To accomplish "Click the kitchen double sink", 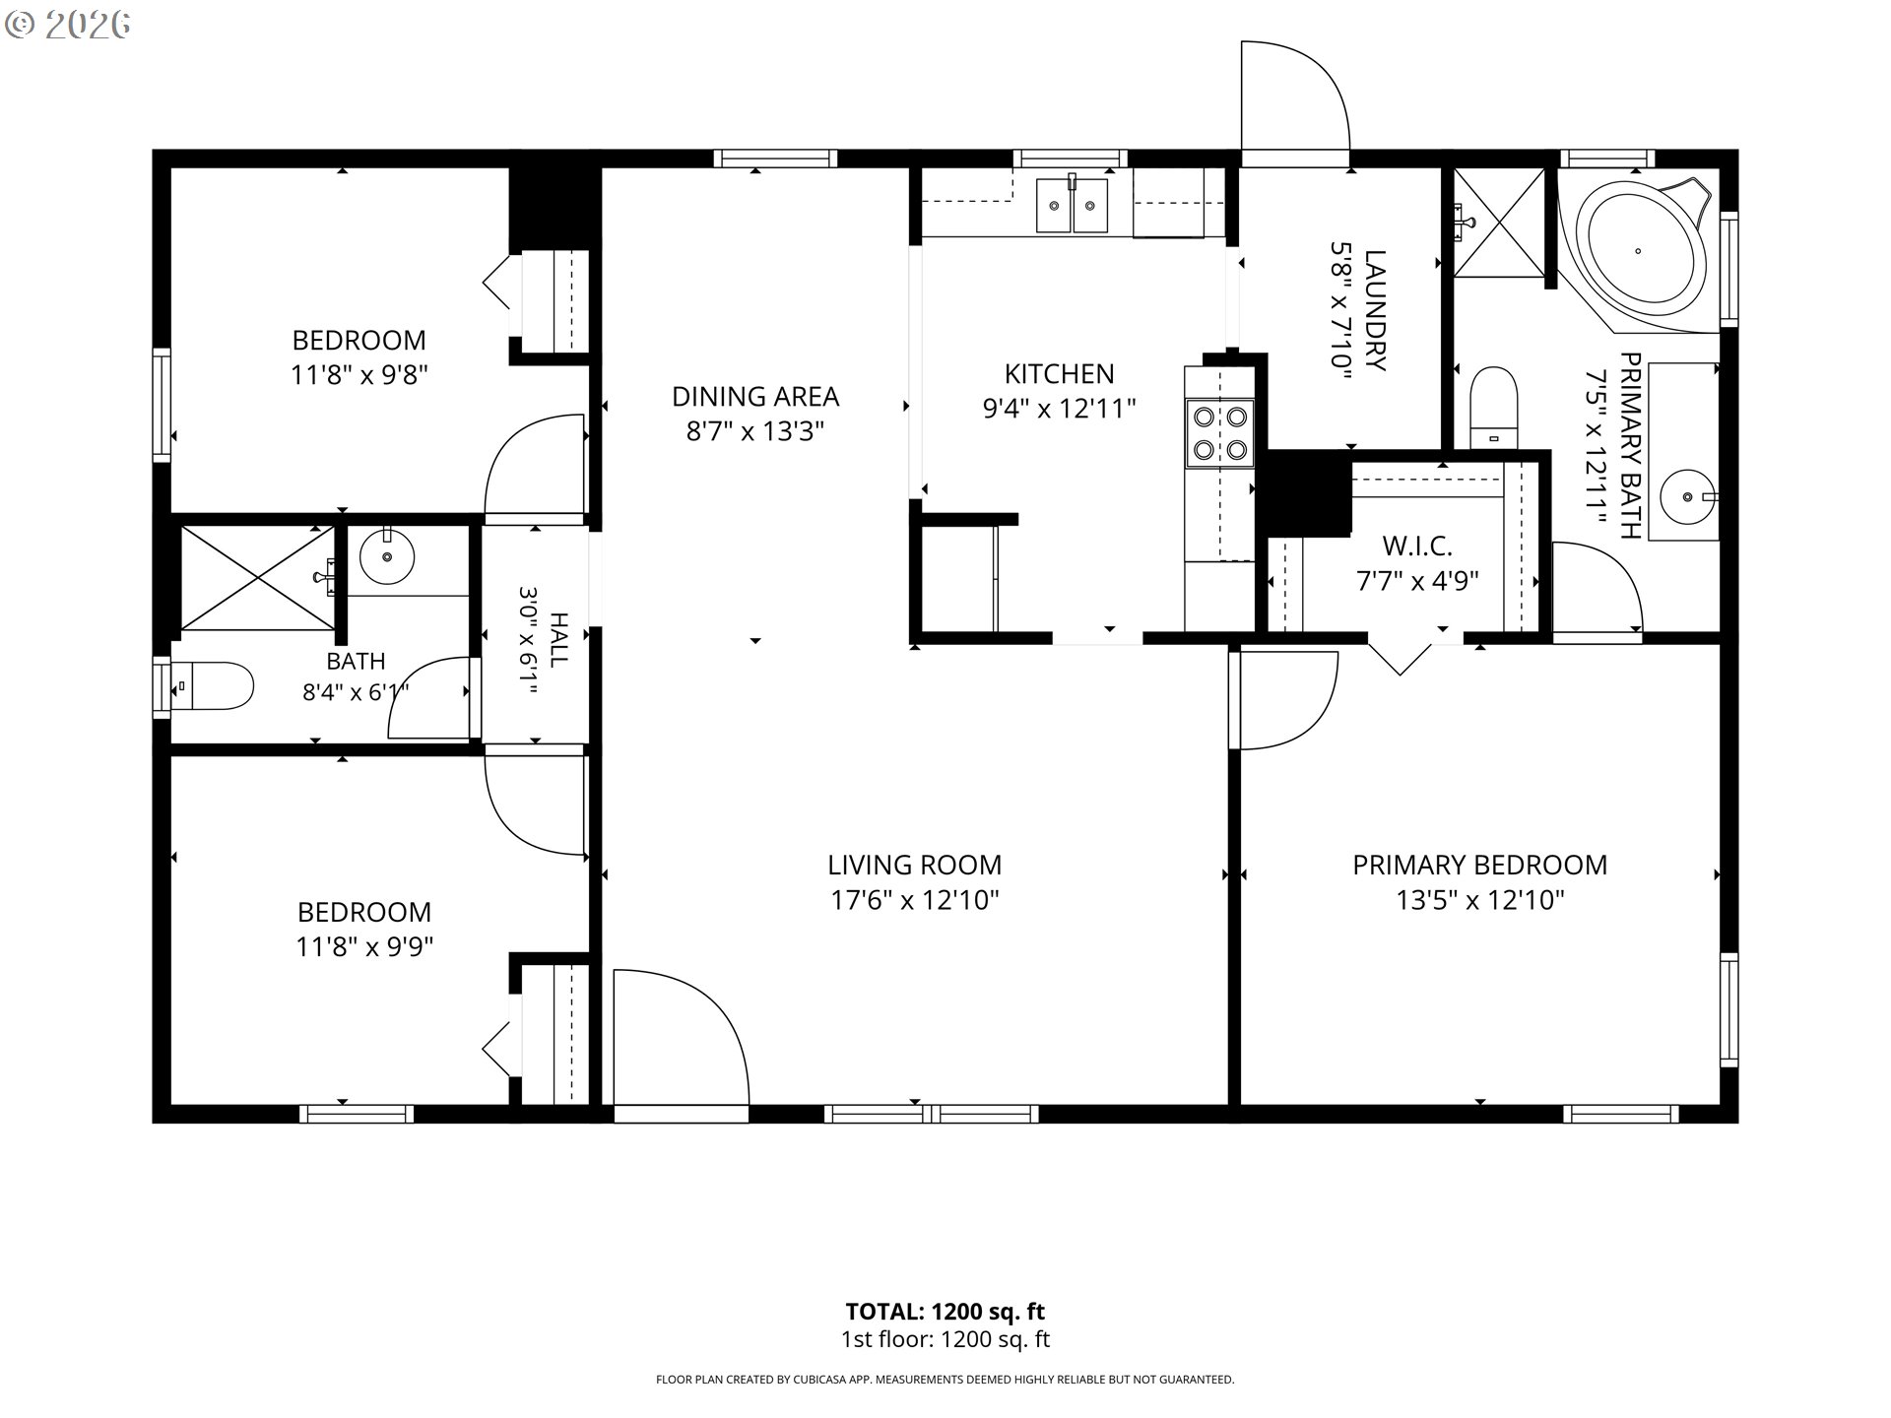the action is [1072, 205].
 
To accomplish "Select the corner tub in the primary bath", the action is [1638, 253].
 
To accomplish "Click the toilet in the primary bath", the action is [1493, 408].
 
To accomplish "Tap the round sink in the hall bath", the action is [386, 557].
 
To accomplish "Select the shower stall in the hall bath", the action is [257, 578].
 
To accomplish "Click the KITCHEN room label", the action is [1060, 373].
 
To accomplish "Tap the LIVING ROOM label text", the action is [914, 865].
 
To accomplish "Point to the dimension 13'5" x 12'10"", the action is [1480, 900].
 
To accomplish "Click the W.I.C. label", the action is [1417, 546].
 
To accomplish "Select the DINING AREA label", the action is [755, 396].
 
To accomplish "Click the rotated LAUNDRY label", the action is [1375, 310].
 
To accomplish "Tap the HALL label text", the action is [558, 640].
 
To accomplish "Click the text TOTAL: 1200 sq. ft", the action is [945, 1312].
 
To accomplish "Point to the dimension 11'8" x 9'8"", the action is [359, 375].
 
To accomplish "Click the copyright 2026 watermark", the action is [68, 25].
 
